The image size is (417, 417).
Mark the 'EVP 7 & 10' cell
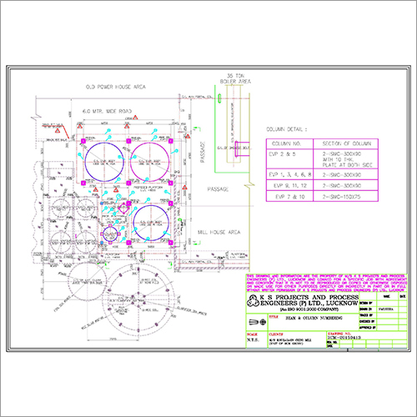click(285, 200)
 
